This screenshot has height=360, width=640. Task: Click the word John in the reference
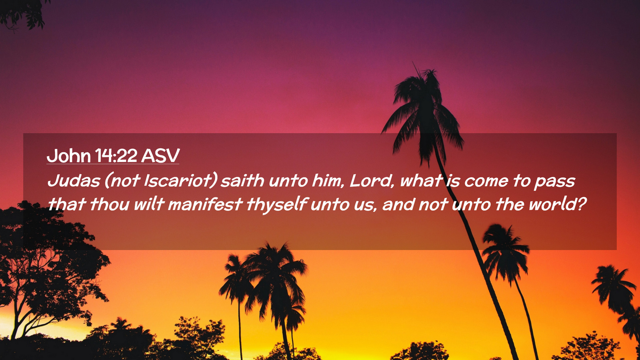coord(69,156)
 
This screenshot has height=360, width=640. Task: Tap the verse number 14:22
coord(116,156)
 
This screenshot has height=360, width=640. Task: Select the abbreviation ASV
coord(161,156)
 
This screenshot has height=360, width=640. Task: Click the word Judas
coord(74,181)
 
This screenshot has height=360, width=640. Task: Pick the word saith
coord(242,181)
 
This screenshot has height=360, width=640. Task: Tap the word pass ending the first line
coord(555,182)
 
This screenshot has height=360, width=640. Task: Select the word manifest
coord(205,204)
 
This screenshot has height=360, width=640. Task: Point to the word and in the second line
coord(399,204)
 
